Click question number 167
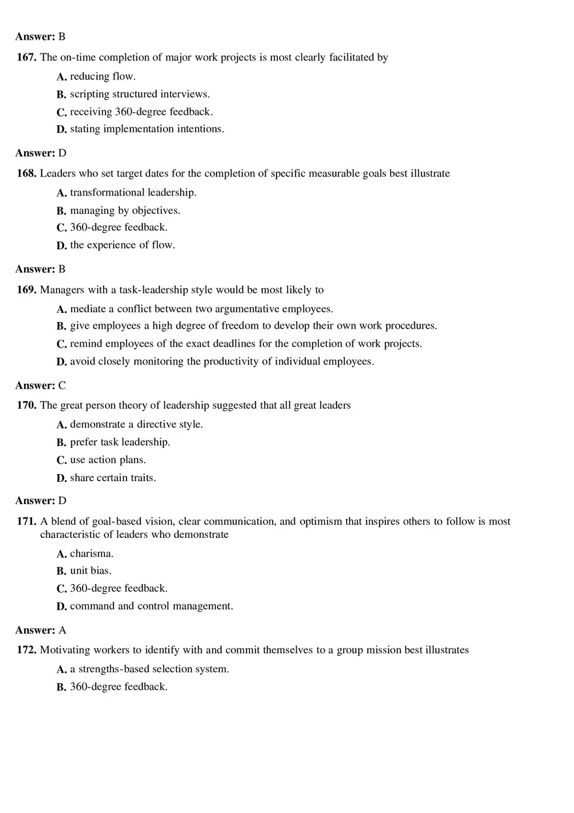point(27,57)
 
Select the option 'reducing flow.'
point(102,76)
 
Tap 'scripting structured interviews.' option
point(140,94)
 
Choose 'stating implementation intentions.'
point(147,129)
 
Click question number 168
point(27,173)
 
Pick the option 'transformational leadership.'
point(133,192)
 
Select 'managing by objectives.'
point(125,211)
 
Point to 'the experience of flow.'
point(123,245)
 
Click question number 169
point(27,289)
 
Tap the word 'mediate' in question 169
point(87,309)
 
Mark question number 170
point(27,406)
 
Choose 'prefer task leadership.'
point(120,442)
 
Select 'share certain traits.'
point(113,478)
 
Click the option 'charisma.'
point(91,554)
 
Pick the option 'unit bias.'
point(91,570)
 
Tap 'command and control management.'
point(151,606)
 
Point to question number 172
point(27,650)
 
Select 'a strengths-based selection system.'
point(149,669)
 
